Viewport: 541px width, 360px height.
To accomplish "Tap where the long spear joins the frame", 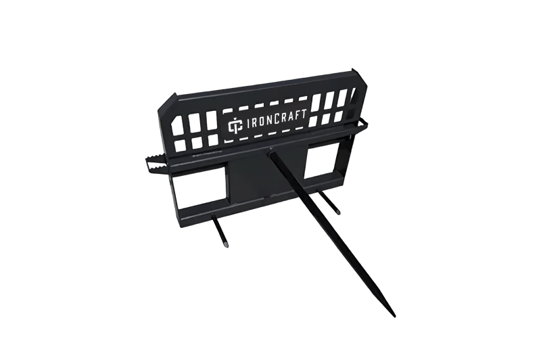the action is click(272, 150).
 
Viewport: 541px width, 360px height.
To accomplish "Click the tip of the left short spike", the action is click(226, 245).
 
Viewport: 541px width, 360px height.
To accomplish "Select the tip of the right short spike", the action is click(339, 212).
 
